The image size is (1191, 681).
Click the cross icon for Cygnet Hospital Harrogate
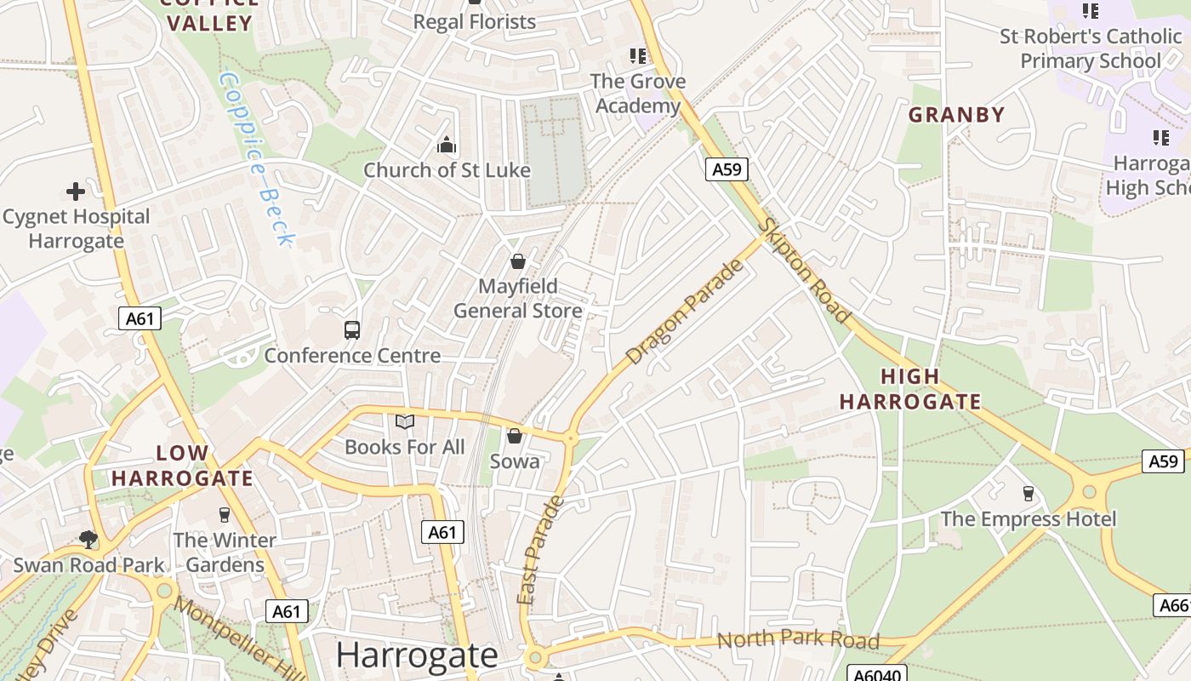pos(76,192)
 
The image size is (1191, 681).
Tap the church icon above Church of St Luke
pos(447,146)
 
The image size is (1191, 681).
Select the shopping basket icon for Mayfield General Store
pos(517,261)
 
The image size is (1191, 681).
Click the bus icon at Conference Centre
pos(352,330)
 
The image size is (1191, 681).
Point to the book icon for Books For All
pos(405,422)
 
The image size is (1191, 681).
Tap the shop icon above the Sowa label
pos(514,437)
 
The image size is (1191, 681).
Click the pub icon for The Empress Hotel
pos(1028,494)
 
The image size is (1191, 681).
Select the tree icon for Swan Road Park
pos(88,540)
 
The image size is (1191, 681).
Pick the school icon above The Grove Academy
pos(637,57)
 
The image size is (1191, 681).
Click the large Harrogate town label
pos(416,655)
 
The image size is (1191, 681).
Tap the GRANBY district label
pos(956,115)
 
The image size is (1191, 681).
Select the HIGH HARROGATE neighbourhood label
pos(909,388)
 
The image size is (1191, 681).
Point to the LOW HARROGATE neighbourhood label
pos(182,465)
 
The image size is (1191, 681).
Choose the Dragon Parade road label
pos(684,312)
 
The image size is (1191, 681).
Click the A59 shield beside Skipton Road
pos(727,169)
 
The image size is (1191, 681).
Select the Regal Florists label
pos(474,22)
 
